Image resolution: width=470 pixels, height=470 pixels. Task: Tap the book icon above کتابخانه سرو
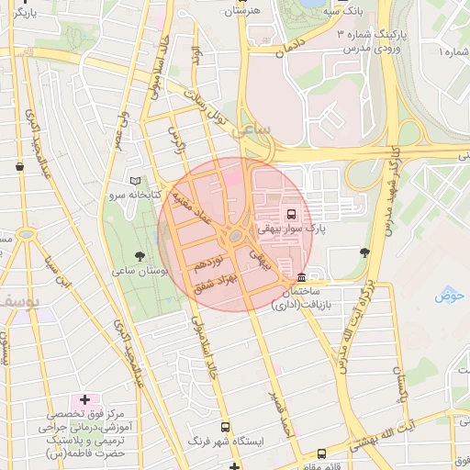(136, 181)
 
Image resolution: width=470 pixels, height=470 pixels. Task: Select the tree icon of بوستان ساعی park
(140, 256)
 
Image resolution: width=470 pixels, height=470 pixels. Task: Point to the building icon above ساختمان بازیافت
(302, 278)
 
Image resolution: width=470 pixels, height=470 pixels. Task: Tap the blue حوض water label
(451, 295)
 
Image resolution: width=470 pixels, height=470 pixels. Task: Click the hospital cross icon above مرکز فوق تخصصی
(85, 399)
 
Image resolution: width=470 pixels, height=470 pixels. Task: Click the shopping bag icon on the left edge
(20, 166)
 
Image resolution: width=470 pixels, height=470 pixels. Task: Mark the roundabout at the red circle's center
(236, 236)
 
